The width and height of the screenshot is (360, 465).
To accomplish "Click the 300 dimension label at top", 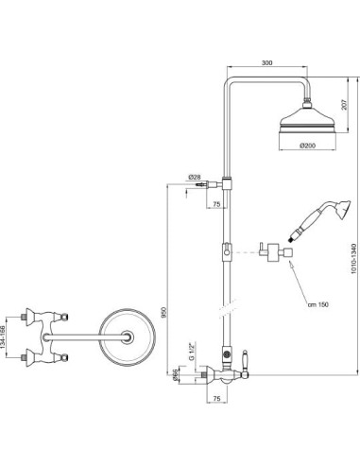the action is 266,62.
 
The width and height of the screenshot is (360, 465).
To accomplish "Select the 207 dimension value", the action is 344,105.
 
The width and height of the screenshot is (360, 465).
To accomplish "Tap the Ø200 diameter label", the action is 307,146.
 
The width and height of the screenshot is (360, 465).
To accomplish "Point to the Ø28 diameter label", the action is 195,178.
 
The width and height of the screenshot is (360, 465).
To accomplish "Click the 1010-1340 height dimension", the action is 354,263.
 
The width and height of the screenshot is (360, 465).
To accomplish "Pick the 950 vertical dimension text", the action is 163,312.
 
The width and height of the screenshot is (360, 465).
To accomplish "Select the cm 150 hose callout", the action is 318,304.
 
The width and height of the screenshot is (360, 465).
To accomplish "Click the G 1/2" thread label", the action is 192,351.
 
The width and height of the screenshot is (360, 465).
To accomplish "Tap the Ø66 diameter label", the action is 176,375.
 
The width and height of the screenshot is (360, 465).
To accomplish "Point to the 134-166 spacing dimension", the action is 3,337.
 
